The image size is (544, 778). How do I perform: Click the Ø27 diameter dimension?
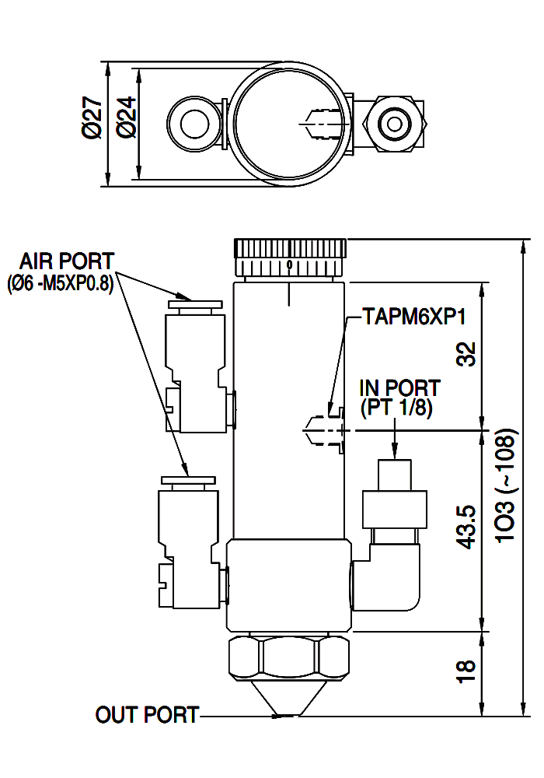[x=92, y=117]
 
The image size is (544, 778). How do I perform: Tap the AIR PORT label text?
[x=66, y=261]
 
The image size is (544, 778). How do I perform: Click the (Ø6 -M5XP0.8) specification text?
[x=61, y=284]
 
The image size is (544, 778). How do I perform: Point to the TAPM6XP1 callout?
[x=414, y=316]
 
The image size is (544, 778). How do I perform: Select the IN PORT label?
[x=399, y=388]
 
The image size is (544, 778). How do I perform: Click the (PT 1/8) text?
[x=396, y=408]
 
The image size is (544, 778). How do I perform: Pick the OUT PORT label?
[x=147, y=715]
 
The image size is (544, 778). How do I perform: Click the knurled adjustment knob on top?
[x=290, y=258]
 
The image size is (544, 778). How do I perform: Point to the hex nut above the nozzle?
[x=290, y=658]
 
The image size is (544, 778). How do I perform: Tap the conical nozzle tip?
[x=289, y=698]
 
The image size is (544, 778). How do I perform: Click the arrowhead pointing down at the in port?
[x=394, y=450]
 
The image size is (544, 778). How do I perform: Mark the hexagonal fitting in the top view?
[x=395, y=124]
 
